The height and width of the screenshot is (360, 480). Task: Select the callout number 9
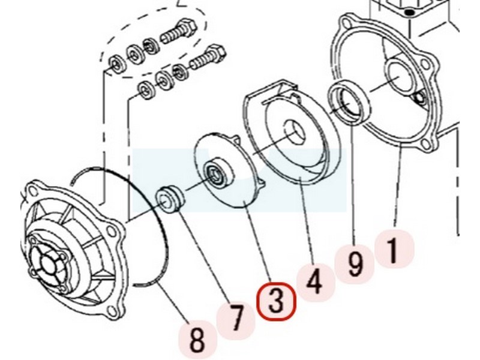click(356, 264)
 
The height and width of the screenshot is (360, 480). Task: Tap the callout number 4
click(314, 281)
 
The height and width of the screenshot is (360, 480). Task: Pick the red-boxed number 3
click(276, 302)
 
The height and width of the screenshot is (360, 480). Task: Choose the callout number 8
click(197, 339)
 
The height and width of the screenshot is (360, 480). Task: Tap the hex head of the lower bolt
click(216, 53)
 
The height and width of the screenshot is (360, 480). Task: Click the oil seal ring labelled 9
click(349, 103)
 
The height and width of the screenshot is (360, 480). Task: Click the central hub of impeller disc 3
click(218, 173)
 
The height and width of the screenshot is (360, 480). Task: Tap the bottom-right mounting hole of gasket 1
click(425, 143)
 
